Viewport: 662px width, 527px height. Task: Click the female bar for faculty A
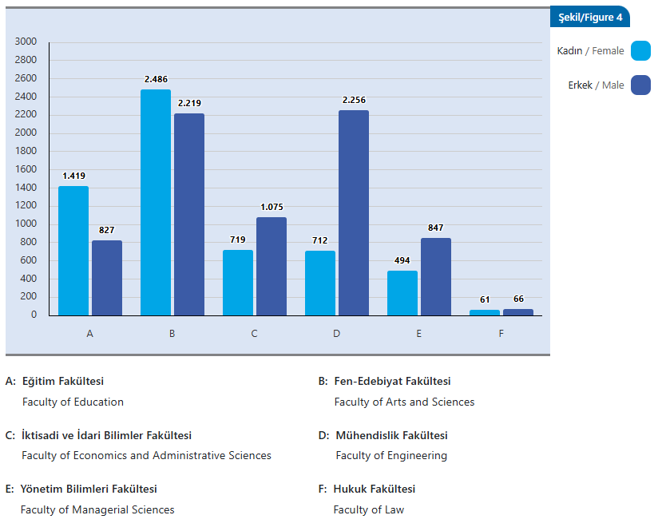(73, 251)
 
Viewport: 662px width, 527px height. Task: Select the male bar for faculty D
(354, 212)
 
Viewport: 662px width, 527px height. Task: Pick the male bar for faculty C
(272, 266)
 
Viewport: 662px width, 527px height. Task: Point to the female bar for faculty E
(402, 293)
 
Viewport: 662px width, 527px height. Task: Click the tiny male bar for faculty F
(518, 312)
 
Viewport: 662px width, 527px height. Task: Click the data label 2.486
(156, 80)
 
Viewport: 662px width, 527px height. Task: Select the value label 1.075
(272, 208)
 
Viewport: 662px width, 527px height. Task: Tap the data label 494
(402, 261)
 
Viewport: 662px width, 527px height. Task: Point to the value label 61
(485, 299)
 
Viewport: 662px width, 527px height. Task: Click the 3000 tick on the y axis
(26, 42)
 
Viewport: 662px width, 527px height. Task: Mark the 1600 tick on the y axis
(26, 169)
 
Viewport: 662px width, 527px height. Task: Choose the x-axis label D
(336, 334)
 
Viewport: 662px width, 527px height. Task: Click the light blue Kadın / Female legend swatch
(640, 51)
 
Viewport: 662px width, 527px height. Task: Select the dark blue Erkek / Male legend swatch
(640, 85)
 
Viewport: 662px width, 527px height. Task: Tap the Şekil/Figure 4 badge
(589, 18)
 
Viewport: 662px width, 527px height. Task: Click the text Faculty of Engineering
(391, 456)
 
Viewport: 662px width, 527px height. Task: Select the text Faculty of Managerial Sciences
(97, 509)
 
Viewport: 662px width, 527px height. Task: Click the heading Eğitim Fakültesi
(63, 382)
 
